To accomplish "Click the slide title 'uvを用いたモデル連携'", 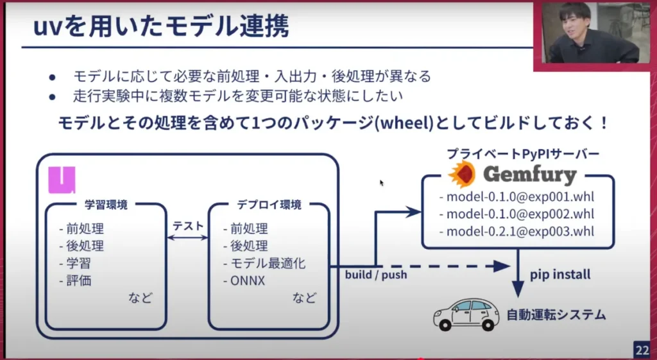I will tap(160, 28).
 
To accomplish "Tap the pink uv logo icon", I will tap(62, 180).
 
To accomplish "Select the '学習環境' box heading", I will tap(106, 205).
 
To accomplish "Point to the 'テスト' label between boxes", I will tap(187, 226).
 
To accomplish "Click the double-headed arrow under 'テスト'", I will tap(187, 237).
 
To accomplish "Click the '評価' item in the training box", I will tap(81, 280).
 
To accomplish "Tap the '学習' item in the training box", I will tap(81, 263).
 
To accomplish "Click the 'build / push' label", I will tap(375, 275).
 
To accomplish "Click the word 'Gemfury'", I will tap(529, 175).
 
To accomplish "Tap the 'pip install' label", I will tap(560, 275).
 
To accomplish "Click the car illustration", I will tap(466, 313).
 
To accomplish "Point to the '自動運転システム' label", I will tap(556, 315).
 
